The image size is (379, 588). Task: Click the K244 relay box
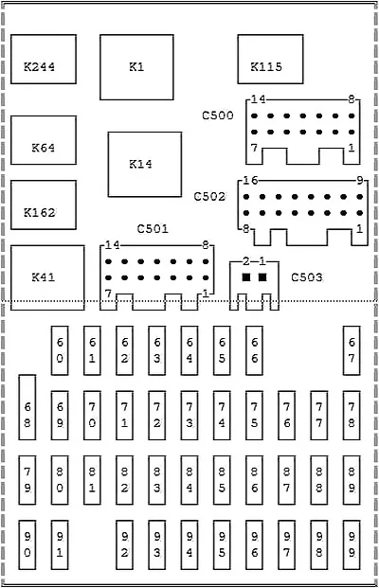coord(44,60)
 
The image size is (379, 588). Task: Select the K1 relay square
coord(136,67)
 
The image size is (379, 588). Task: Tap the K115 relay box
coord(270,60)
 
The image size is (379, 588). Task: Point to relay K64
coord(44,140)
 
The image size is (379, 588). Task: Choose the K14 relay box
coord(145,164)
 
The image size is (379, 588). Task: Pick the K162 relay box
coord(44,205)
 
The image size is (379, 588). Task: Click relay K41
coord(47,277)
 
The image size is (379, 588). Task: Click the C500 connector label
coord(218,116)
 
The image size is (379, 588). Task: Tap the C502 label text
coord(209,197)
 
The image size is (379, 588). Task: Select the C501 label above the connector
coord(153,229)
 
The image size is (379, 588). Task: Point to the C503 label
coord(307,277)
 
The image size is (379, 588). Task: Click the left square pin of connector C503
coord(246,277)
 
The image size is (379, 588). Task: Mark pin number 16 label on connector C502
coord(250,181)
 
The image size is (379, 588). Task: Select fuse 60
coord(60,350)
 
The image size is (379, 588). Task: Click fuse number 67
coord(352,350)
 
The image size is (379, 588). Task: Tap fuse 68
coord(27,407)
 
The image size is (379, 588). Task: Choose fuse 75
coord(255,416)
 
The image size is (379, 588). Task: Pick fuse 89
coord(352,480)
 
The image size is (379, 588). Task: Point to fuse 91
coord(60,544)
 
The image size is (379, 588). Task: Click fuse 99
coord(352,544)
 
